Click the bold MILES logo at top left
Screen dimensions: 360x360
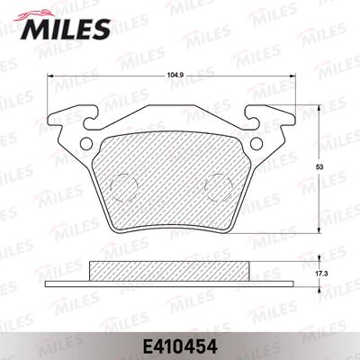[x=65, y=29]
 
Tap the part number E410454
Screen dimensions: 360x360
[x=180, y=347]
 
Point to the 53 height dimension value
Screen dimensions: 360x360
[x=320, y=167]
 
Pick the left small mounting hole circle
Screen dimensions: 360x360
[x=87, y=143]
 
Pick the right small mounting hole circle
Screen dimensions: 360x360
[x=256, y=143]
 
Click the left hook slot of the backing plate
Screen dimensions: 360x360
[x=90, y=120]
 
